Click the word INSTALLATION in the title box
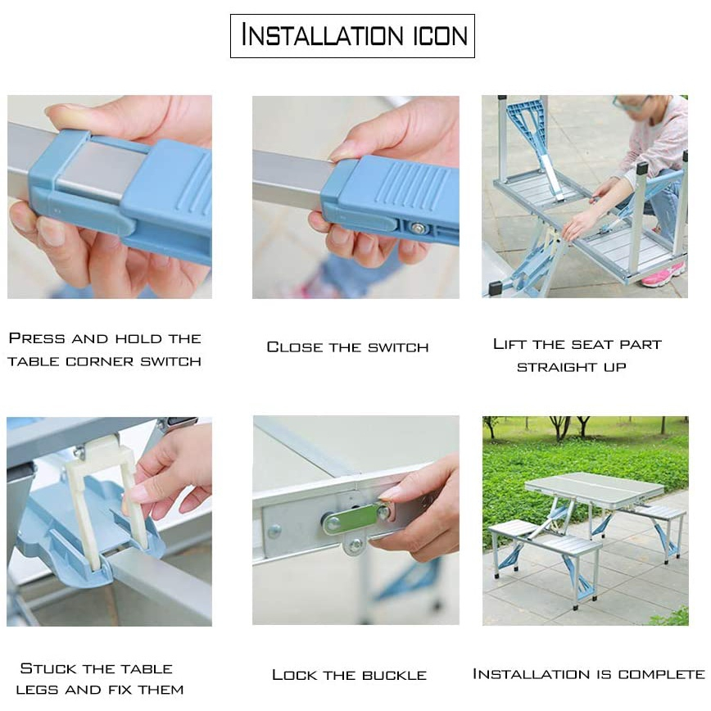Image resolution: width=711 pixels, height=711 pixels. click(x=323, y=35)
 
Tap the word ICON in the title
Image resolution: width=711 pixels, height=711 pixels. click(x=440, y=36)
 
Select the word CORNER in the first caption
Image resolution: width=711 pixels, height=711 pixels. click(x=100, y=361)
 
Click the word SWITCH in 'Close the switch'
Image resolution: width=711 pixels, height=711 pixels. click(x=398, y=348)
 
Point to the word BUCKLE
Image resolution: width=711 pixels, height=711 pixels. click(x=395, y=675)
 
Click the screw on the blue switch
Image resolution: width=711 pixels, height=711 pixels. click(x=416, y=228)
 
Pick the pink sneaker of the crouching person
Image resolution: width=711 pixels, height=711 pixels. click(x=663, y=275)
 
